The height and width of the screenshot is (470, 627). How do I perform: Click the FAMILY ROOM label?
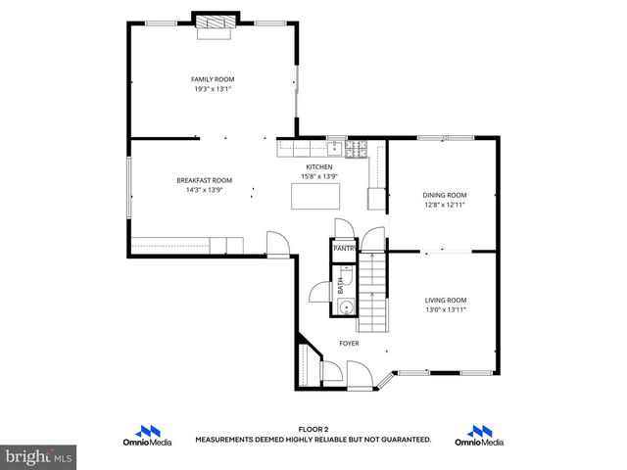212,79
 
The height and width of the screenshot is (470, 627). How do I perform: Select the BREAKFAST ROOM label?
204,180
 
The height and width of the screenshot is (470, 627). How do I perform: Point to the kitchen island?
315,198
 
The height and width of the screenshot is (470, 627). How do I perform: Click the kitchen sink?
334,149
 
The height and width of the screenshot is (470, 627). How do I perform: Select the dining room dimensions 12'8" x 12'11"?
444,206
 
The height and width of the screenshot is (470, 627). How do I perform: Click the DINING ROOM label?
444,195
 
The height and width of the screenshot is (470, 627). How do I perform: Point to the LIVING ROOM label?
445,300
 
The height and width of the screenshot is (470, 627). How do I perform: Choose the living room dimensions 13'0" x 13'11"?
445,309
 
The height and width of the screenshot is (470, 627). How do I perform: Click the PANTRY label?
343,249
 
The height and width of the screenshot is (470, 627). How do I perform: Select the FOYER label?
349,344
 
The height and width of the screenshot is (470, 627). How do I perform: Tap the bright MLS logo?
38,456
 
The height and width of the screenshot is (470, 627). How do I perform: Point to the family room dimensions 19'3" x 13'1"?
212,89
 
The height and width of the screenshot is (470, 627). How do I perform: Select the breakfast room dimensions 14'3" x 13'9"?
204,190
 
